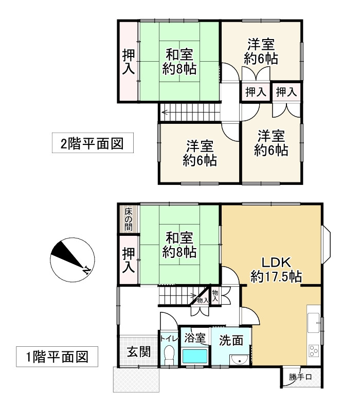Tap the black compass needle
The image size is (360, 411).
(67, 257)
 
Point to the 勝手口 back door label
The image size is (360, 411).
(300, 378)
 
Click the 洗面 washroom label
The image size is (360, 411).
(231, 340)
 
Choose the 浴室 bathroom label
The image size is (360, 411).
(195, 339)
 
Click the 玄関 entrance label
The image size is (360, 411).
(138, 352)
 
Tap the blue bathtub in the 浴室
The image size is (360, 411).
(194, 356)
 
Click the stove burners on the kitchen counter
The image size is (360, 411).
(313, 351)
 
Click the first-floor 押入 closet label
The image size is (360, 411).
(128, 260)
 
